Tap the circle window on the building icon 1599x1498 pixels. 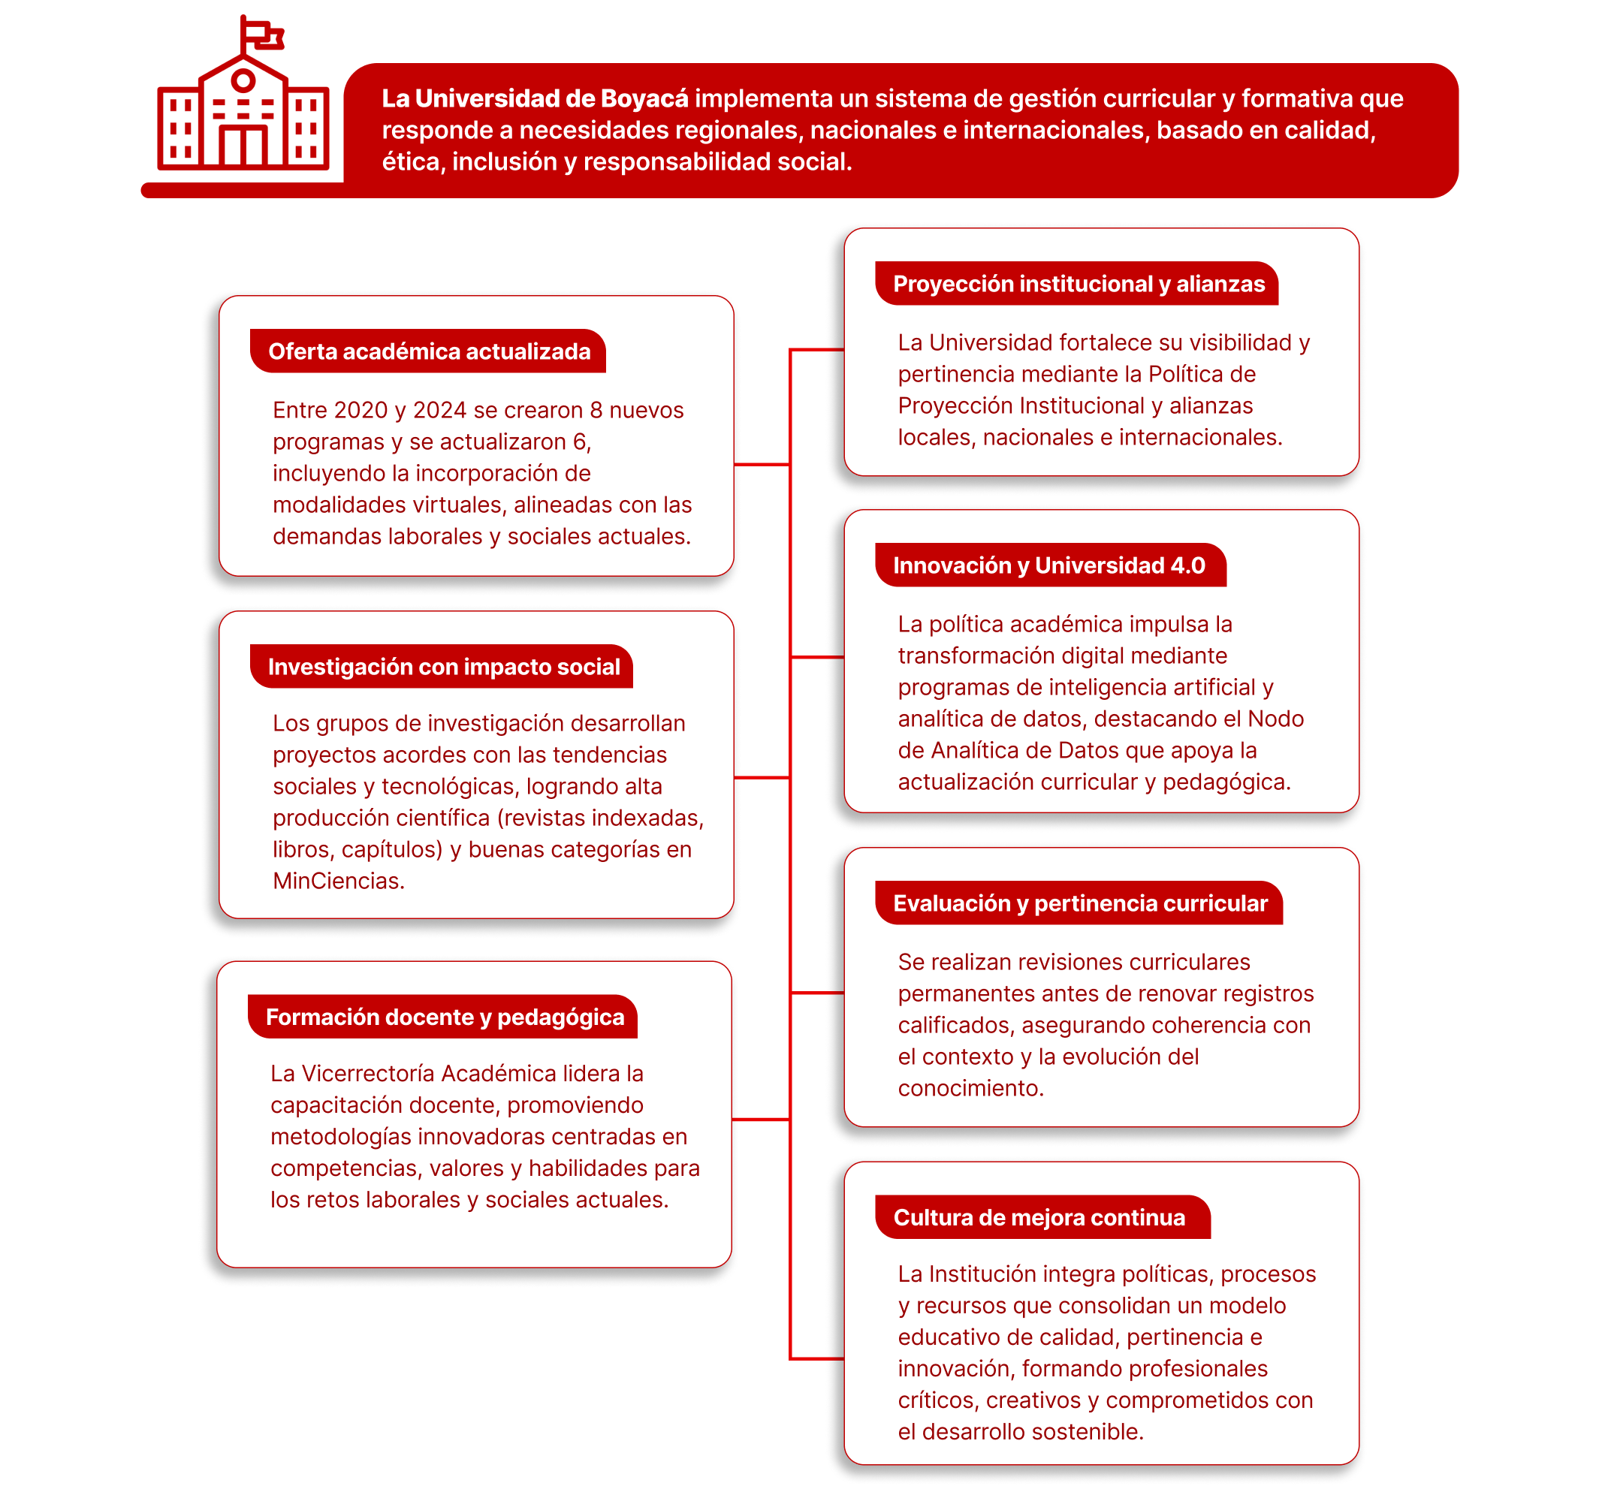point(243,80)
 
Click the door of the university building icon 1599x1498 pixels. point(243,146)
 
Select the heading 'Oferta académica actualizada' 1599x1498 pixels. point(429,351)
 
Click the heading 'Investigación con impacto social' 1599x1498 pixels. point(443,667)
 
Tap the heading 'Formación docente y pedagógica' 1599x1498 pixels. point(444,1017)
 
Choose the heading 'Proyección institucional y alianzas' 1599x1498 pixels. point(1078,284)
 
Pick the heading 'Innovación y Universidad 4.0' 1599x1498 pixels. point(1048,565)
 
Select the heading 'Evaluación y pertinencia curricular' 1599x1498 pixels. point(1079,903)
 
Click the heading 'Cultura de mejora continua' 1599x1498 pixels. point(1039,1217)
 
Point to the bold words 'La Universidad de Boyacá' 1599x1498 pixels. point(534,98)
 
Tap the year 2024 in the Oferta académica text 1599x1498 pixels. point(439,410)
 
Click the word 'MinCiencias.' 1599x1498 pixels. point(339,882)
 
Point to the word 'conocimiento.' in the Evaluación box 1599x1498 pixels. point(970,1088)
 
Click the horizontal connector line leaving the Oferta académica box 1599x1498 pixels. point(761,464)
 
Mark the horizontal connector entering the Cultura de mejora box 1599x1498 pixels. point(817,1358)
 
